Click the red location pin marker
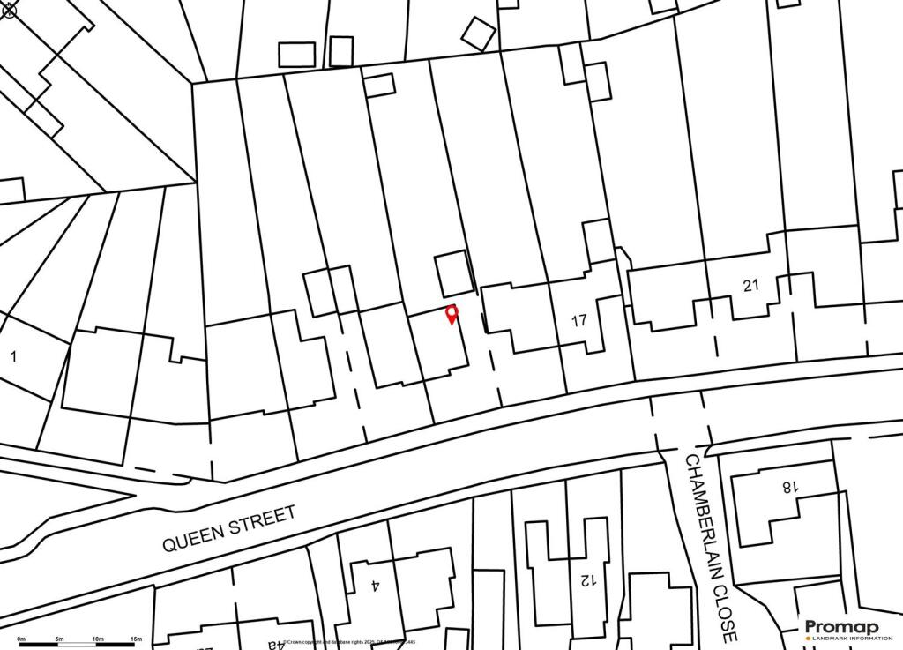pyautogui.click(x=452, y=313)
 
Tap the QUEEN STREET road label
pyautogui.click(x=229, y=528)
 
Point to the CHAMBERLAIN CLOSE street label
pyautogui.click(x=709, y=547)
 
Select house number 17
pyautogui.click(x=578, y=320)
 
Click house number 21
pyautogui.click(x=750, y=285)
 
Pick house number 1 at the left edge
pyautogui.click(x=13, y=356)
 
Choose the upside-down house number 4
pyautogui.click(x=375, y=584)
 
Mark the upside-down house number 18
pyautogui.click(x=788, y=486)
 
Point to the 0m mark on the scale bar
pyautogui.click(x=22, y=639)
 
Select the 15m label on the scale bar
pyautogui.click(x=136, y=639)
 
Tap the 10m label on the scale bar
pyautogui.click(x=98, y=639)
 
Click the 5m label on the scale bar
pyautogui.click(x=60, y=639)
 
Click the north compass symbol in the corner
pyautogui.click(x=10, y=10)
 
